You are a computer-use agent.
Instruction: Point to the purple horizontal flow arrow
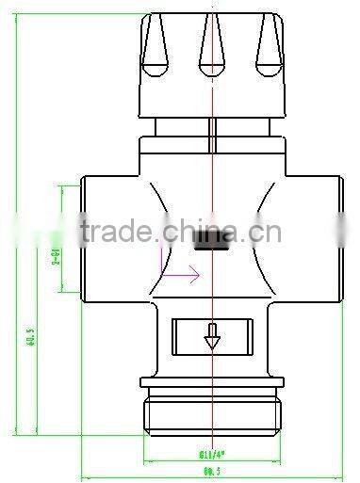click(181, 275)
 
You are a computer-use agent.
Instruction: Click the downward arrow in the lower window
click(213, 337)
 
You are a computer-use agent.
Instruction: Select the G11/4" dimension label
click(213, 449)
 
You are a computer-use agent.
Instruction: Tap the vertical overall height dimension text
click(30, 337)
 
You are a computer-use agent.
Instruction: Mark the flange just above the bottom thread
click(213, 382)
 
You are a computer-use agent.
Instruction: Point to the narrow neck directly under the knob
click(213, 127)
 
